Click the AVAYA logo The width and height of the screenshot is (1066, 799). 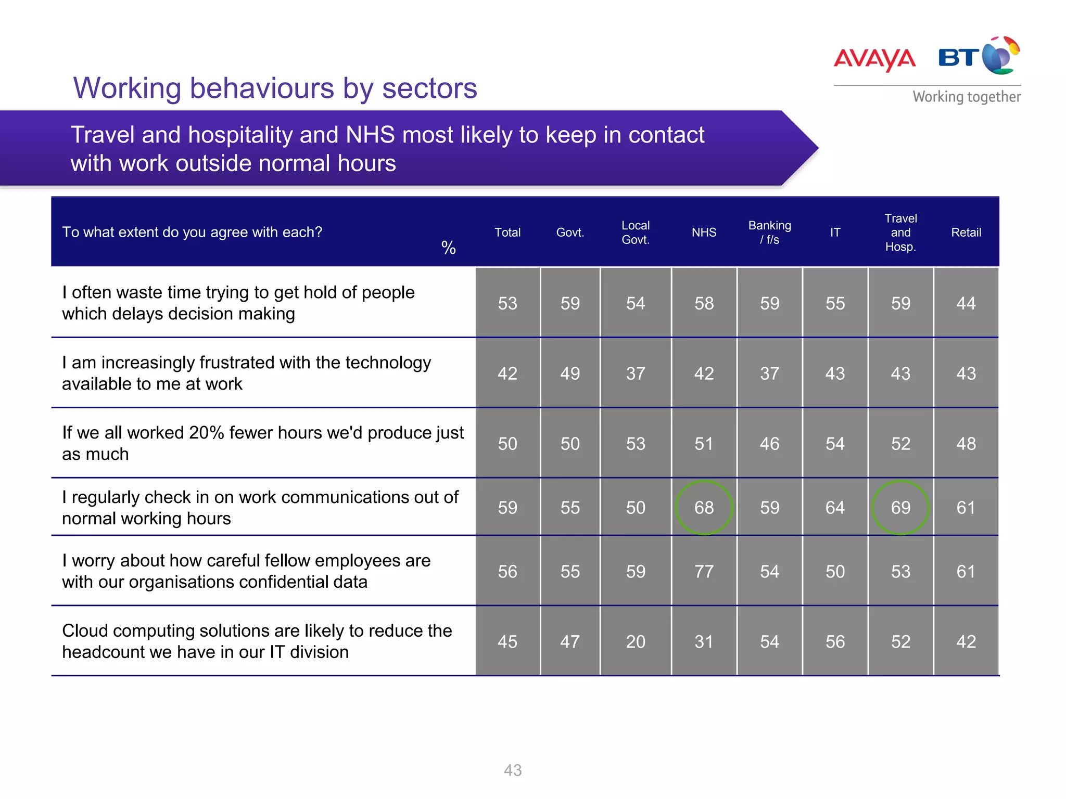[874, 59]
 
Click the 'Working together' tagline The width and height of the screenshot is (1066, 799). [966, 97]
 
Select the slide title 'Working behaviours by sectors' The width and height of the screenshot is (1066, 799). [275, 88]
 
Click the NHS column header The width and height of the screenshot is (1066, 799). [704, 233]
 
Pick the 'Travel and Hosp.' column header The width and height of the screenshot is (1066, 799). [900, 233]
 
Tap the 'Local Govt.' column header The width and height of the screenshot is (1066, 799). [636, 233]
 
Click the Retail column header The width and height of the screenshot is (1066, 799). [966, 233]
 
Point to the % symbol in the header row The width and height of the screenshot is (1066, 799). [448, 248]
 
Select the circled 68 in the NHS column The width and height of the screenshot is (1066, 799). [704, 508]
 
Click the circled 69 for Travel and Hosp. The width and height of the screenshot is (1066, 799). [900, 508]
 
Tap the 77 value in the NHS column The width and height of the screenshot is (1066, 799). [704, 572]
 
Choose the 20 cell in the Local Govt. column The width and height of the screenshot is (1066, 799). [636, 641]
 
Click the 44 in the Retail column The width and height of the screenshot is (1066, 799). [966, 303]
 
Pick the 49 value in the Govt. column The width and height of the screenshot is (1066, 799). [570, 373]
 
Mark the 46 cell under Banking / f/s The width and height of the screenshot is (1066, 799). [769, 444]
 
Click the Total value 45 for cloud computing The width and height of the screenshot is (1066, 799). [507, 641]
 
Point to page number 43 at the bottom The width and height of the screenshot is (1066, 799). [513, 770]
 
